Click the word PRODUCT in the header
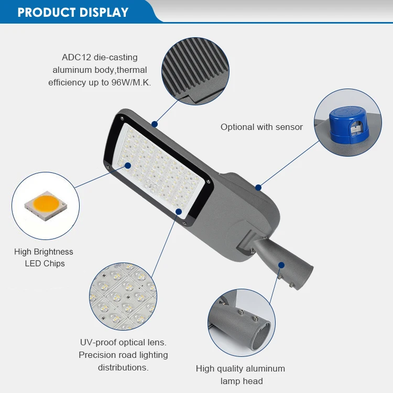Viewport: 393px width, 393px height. (x=43, y=13)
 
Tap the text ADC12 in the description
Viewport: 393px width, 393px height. (x=77, y=57)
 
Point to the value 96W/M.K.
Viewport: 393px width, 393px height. (x=131, y=82)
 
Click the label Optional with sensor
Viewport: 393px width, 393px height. (x=261, y=127)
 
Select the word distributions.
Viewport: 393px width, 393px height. (x=123, y=367)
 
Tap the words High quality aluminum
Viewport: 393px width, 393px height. (x=241, y=368)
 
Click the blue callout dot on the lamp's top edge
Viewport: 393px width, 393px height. (x=155, y=125)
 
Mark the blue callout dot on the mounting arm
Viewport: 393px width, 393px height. (x=281, y=265)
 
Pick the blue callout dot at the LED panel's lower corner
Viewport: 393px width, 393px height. (x=179, y=212)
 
